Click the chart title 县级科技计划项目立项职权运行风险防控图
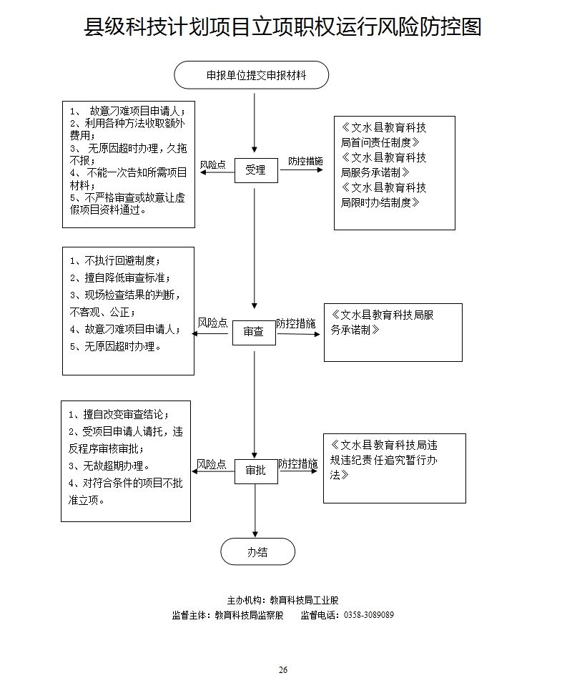[x=283, y=27]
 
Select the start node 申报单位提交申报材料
[x=251, y=75]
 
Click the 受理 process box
[x=255, y=170]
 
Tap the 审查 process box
[x=253, y=332]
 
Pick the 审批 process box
[x=255, y=471]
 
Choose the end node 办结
[x=257, y=552]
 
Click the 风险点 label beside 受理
[x=212, y=164]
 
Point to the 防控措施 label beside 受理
[x=305, y=162]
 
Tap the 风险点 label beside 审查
[x=212, y=323]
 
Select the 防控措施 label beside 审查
[x=296, y=323]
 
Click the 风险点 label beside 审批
[x=212, y=464]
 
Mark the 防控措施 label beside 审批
[x=298, y=464]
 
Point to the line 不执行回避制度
[x=115, y=260]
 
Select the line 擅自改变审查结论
[x=119, y=415]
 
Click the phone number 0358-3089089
[x=369, y=615]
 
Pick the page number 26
[x=283, y=670]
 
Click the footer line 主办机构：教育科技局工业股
[x=282, y=600]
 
